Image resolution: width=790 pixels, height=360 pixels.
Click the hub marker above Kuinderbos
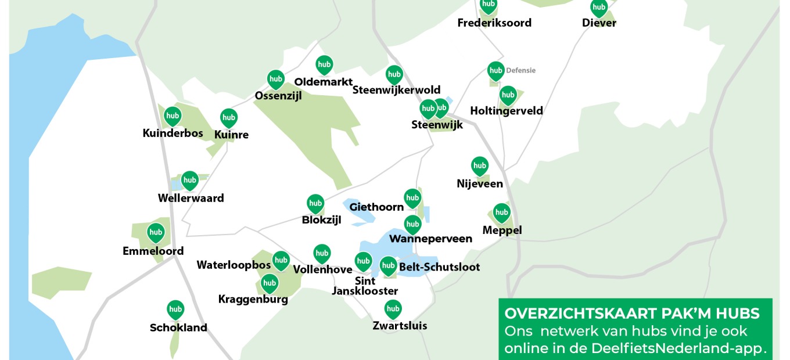[x=173, y=116]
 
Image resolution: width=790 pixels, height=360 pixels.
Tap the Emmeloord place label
[x=153, y=251]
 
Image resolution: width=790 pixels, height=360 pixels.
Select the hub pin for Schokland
[x=175, y=309]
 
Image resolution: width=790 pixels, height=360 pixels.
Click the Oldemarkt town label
[x=324, y=82]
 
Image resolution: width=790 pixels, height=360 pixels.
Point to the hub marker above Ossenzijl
[x=275, y=79]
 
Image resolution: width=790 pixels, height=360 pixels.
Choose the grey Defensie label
[x=520, y=71]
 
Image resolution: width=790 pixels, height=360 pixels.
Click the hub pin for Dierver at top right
[x=599, y=8]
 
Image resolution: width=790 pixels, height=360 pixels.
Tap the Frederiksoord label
[x=494, y=23]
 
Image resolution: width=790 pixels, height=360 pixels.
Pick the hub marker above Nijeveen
[x=479, y=166]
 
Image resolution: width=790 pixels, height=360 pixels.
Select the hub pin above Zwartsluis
[x=393, y=309]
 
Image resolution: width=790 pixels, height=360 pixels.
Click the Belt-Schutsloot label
[x=440, y=267]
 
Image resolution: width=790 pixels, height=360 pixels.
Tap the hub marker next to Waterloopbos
[x=281, y=261]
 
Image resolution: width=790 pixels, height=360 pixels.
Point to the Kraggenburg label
[x=253, y=300]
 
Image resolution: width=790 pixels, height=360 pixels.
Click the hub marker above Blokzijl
[x=315, y=204]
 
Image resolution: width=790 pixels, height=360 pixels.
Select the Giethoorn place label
[x=376, y=207]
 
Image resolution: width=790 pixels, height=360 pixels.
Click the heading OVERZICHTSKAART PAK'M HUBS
[x=632, y=314]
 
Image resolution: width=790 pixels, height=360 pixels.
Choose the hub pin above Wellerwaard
[x=190, y=181]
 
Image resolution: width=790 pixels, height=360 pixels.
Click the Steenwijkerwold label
[x=397, y=90]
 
